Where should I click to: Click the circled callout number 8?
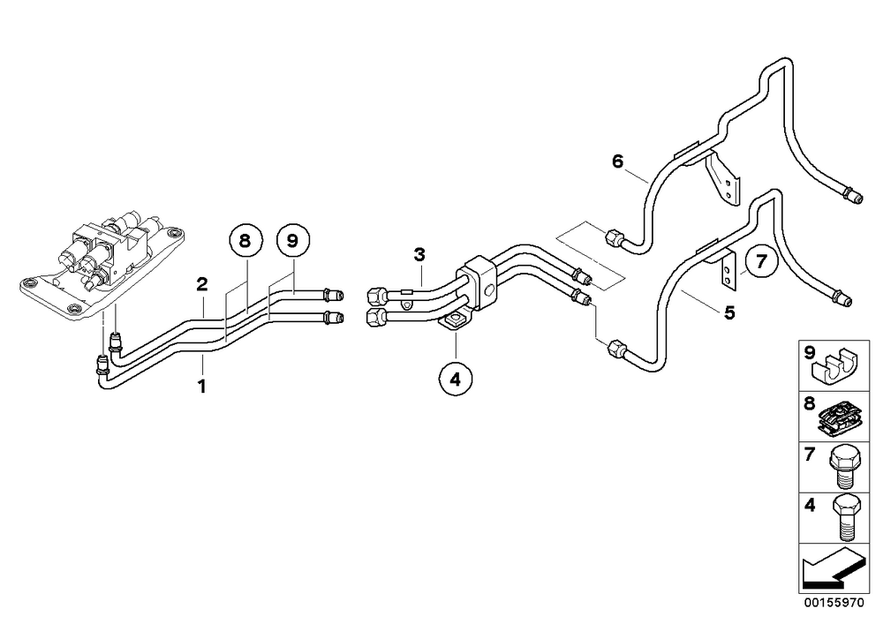click(245, 241)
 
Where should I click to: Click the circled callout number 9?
click(292, 241)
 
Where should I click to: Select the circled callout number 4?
click(455, 380)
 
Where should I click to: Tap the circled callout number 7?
click(761, 261)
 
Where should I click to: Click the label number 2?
click(202, 284)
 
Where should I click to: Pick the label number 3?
click(419, 254)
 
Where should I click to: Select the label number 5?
click(730, 312)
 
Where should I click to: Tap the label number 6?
click(618, 162)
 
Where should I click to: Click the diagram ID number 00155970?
click(834, 603)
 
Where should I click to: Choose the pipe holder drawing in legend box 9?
click(834, 366)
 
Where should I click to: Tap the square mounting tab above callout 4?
click(454, 322)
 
